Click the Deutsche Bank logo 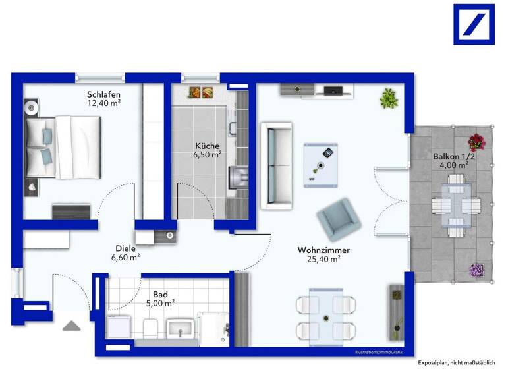pyautogui.click(x=474, y=24)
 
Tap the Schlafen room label pyautogui.click(x=104, y=94)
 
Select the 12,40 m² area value pyautogui.click(x=104, y=103)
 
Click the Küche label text pyautogui.click(x=207, y=146)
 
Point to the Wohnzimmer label pyautogui.click(x=323, y=250)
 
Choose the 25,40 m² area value pyautogui.click(x=323, y=260)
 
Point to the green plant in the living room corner pyautogui.click(x=388, y=99)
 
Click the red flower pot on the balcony pyautogui.click(x=476, y=141)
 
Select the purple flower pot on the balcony pyautogui.click(x=476, y=270)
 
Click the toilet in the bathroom pyautogui.click(x=150, y=327)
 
